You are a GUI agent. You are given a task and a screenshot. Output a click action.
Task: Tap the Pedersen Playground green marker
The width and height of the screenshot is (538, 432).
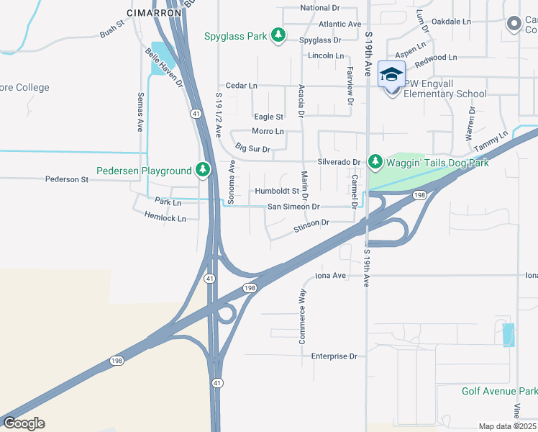pyautogui.click(x=204, y=170)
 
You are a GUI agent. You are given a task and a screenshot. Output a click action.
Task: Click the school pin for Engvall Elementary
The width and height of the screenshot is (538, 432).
pyautogui.click(x=392, y=76)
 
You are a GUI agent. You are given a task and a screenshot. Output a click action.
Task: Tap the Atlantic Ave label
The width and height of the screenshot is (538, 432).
pyautogui.click(x=339, y=24)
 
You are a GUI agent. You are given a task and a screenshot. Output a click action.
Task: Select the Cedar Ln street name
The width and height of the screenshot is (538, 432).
pyautogui.click(x=241, y=85)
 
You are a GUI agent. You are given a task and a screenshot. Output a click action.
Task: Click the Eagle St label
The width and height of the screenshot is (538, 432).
pyautogui.click(x=268, y=117)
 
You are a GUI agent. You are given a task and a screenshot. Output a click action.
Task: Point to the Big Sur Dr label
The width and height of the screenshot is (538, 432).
pyautogui.click(x=252, y=149)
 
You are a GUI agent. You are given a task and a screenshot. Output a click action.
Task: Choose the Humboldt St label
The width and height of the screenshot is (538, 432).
pyautogui.click(x=276, y=191)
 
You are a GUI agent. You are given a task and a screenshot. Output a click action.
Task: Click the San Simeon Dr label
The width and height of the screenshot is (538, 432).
pyautogui.click(x=293, y=206)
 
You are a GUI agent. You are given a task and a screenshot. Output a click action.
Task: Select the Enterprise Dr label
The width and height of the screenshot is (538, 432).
pyautogui.click(x=334, y=356)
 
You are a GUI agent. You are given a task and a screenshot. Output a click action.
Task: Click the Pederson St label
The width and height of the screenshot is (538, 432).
pyautogui.click(x=66, y=179)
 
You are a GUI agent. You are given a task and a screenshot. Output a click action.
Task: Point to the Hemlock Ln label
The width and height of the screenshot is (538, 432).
pyautogui.click(x=165, y=217)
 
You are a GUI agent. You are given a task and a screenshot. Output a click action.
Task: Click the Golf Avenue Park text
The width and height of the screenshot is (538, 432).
pyautogui.click(x=499, y=391)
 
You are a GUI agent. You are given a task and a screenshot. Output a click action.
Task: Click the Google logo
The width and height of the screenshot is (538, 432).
pyautogui.click(x=24, y=423)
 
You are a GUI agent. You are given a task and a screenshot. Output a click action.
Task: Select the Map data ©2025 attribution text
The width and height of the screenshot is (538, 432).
pyautogui.click(x=507, y=426)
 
